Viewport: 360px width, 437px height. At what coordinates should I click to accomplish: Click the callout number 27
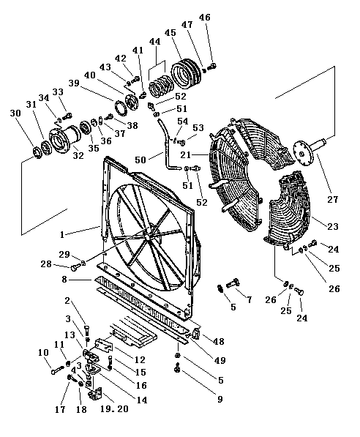(332, 200)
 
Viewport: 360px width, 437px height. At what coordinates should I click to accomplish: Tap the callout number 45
(170, 33)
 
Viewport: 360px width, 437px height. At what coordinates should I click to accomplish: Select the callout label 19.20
(114, 409)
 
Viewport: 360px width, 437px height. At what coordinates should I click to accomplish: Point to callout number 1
(62, 235)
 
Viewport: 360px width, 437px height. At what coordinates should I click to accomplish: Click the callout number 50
(140, 160)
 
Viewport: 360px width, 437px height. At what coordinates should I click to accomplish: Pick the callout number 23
(332, 226)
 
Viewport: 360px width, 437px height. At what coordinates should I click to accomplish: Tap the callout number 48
(218, 341)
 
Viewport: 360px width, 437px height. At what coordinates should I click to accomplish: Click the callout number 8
(64, 279)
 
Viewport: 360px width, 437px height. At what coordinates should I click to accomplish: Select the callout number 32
(78, 155)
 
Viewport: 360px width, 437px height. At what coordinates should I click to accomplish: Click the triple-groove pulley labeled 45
(184, 72)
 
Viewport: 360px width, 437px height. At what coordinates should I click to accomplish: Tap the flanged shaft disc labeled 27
(311, 151)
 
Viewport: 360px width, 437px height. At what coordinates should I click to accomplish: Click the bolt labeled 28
(75, 268)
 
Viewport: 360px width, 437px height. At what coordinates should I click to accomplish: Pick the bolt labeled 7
(233, 283)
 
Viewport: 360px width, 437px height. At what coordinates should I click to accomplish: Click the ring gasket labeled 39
(121, 108)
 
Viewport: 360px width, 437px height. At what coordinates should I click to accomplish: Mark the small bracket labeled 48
(195, 334)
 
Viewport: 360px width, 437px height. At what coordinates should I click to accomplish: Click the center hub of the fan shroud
(147, 235)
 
